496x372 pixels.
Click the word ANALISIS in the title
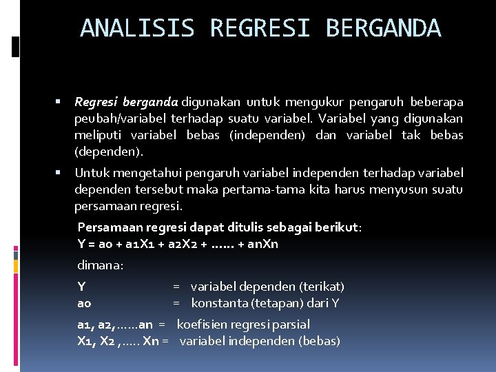138,28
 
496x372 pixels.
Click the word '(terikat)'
322,287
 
